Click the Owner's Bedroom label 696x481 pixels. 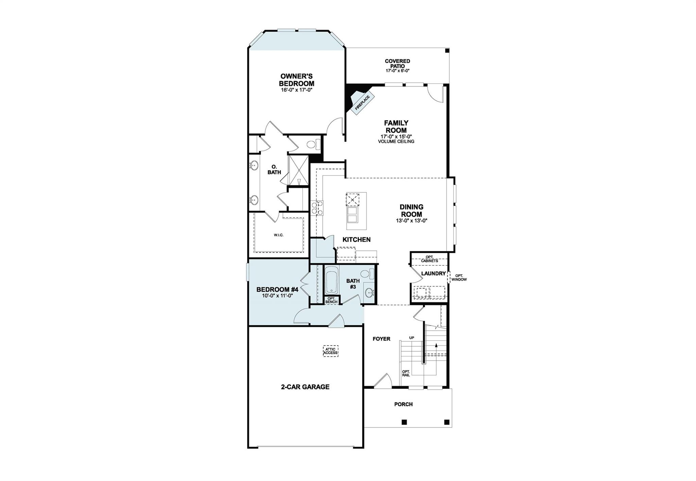pyautogui.click(x=296, y=80)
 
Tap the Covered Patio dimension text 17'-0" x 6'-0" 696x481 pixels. pyautogui.click(x=397, y=71)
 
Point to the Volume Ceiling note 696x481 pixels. pyautogui.click(x=396, y=142)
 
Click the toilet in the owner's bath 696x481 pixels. pyautogui.click(x=313, y=145)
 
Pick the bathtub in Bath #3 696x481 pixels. pyautogui.click(x=331, y=280)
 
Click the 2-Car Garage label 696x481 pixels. pyautogui.click(x=305, y=387)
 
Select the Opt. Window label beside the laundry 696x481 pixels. pyautogui.click(x=459, y=278)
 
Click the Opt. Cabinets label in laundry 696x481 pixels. pyautogui.click(x=429, y=259)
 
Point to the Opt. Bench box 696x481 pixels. pyautogui.click(x=331, y=300)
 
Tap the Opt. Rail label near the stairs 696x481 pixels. pyautogui.click(x=406, y=373)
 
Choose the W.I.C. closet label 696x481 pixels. pyautogui.click(x=278, y=235)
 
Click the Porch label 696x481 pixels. pyautogui.click(x=403, y=404)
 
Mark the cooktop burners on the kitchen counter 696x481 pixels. pyautogui.click(x=317, y=208)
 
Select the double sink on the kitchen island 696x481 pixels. pyautogui.click(x=352, y=215)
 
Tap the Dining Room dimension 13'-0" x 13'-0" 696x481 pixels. pyautogui.click(x=411, y=220)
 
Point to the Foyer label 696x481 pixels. pyautogui.click(x=381, y=339)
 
